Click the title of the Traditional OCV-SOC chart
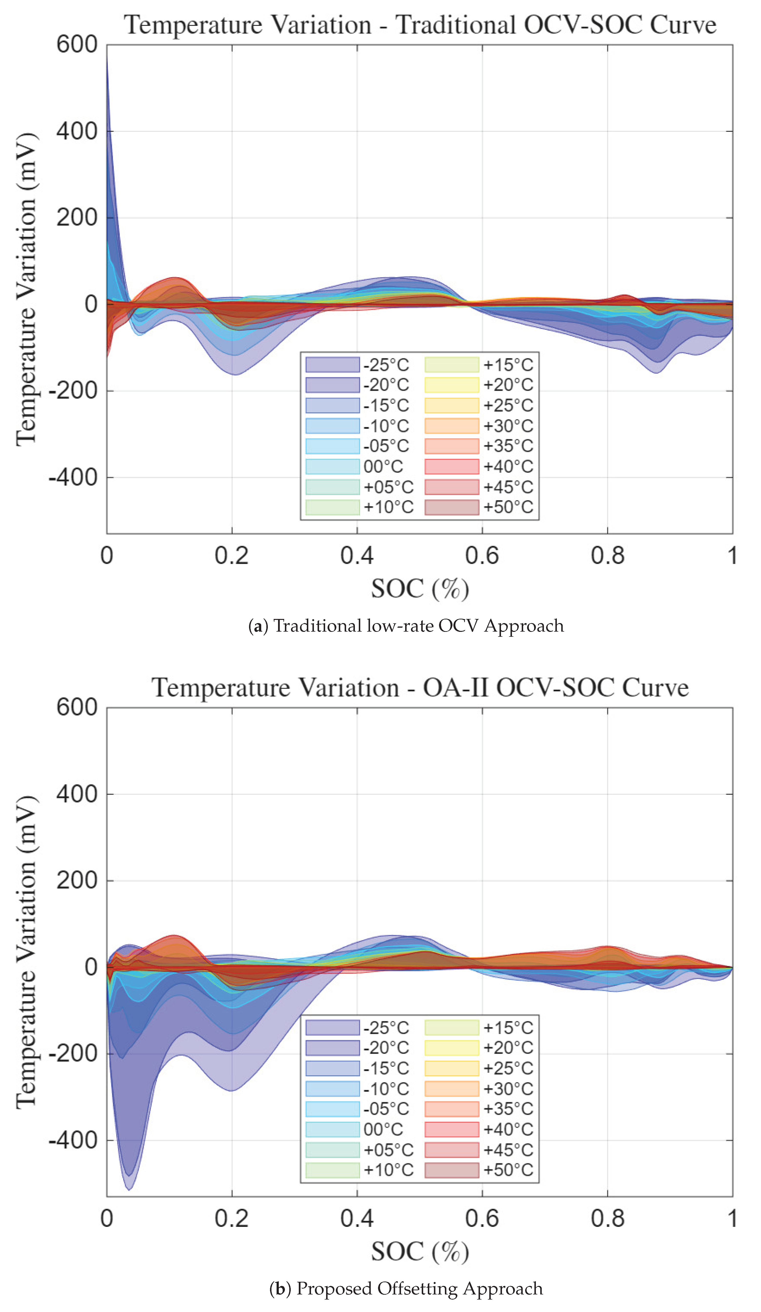tap(420, 25)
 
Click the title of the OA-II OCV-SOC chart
tap(420, 688)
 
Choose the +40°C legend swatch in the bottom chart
tap(451, 1129)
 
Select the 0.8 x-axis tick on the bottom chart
tap(607, 1219)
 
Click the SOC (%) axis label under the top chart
tap(420, 589)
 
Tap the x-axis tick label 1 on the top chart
tap(732, 556)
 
